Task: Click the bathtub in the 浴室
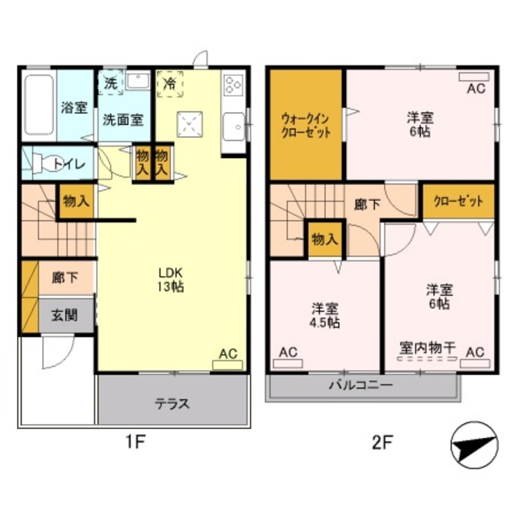(38, 105)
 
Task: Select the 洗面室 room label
(123, 120)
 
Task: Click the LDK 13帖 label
(171, 279)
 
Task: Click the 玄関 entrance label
(64, 314)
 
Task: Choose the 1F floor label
(135, 443)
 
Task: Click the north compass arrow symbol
(471, 444)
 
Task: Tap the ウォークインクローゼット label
(306, 127)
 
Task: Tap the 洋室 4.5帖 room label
(326, 315)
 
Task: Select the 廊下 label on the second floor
(368, 205)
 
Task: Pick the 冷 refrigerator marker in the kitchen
(170, 83)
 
